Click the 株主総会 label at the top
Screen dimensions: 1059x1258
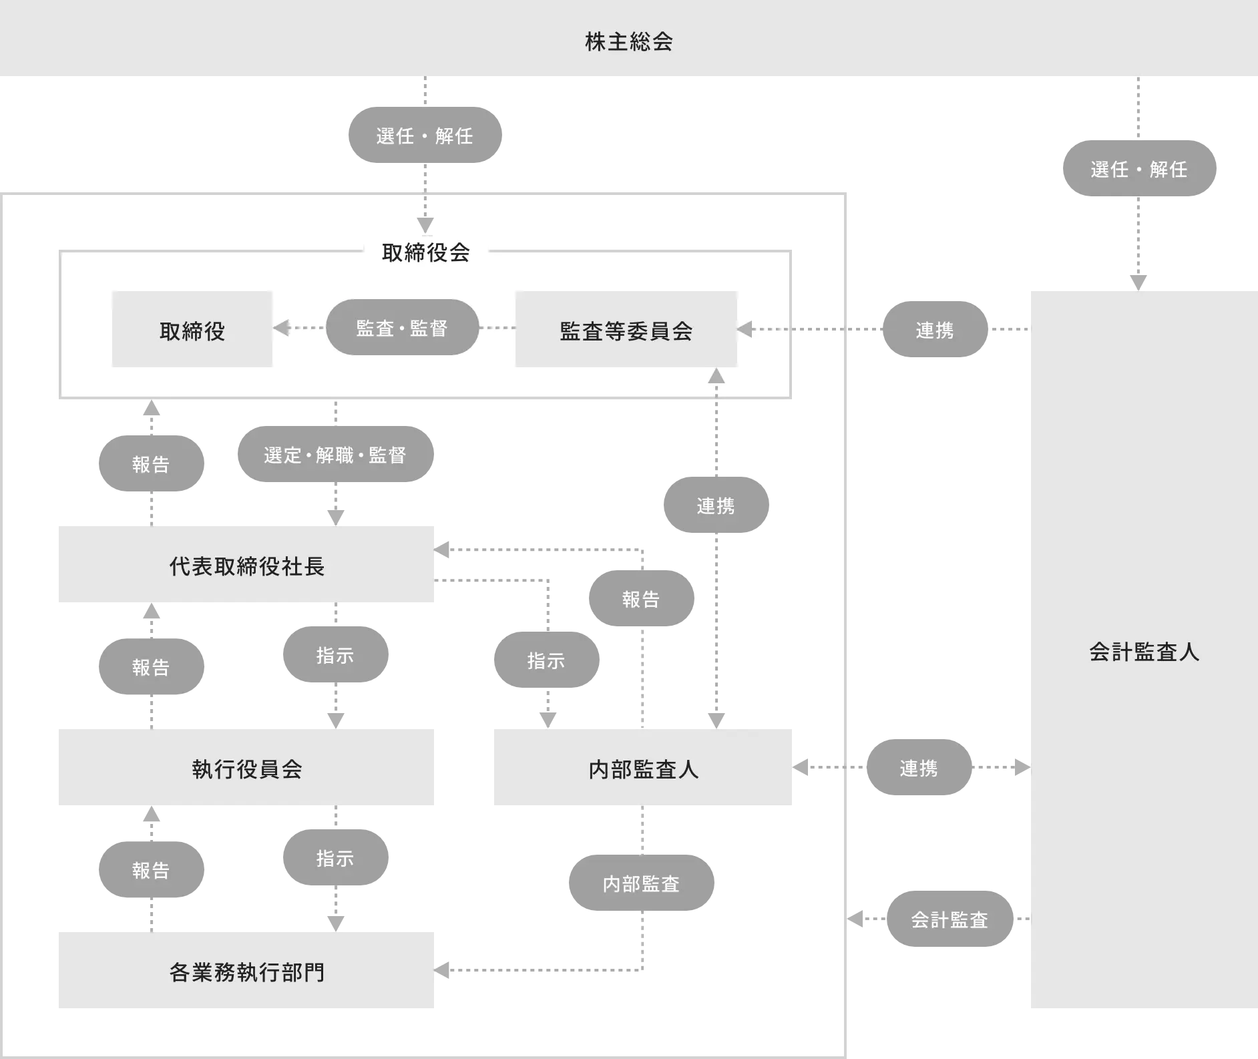point(628,41)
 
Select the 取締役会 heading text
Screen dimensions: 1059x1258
point(426,252)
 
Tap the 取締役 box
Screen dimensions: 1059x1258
point(192,330)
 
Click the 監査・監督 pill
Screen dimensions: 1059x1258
point(402,328)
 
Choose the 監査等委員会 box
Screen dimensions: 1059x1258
point(626,330)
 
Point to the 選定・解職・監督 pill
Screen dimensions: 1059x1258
point(335,455)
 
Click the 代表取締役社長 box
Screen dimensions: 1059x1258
point(248,565)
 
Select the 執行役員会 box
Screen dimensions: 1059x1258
point(248,768)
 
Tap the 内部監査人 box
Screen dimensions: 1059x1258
point(643,768)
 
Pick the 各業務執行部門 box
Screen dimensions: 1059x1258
point(248,971)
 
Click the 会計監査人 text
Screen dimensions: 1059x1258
point(1144,651)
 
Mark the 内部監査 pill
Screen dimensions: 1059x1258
point(641,883)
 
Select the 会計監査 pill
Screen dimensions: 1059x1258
point(950,919)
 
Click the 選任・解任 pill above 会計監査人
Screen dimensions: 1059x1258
point(1139,169)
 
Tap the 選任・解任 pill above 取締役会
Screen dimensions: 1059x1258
point(425,136)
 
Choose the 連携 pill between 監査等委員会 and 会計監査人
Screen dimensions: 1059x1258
point(934,329)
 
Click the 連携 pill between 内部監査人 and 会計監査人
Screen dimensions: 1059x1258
point(918,768)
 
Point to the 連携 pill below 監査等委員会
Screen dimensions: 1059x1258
point(715,505)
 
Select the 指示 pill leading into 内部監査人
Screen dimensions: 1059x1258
point(546,660)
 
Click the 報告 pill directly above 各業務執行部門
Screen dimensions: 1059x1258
point(152,869)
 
